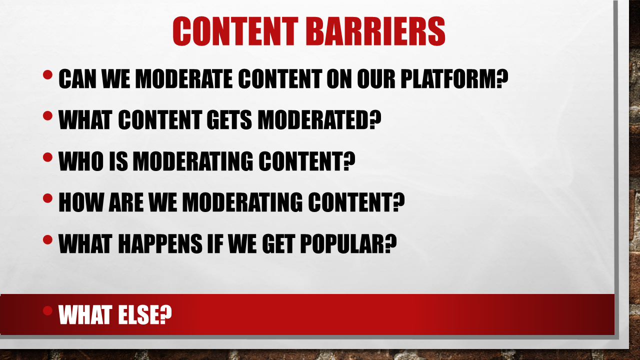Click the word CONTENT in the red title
[x=235, y=31]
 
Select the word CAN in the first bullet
[x=77, y=78]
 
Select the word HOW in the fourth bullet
[x=81, y=202]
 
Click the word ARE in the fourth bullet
[x=126, y=202]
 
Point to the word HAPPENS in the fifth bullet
[x=160, y=243]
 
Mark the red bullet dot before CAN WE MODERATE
[x=47, y=74]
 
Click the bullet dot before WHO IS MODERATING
[x=47, y=157]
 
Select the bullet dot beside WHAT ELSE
[x=47, y=310]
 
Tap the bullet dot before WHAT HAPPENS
[x=47, y=239]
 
